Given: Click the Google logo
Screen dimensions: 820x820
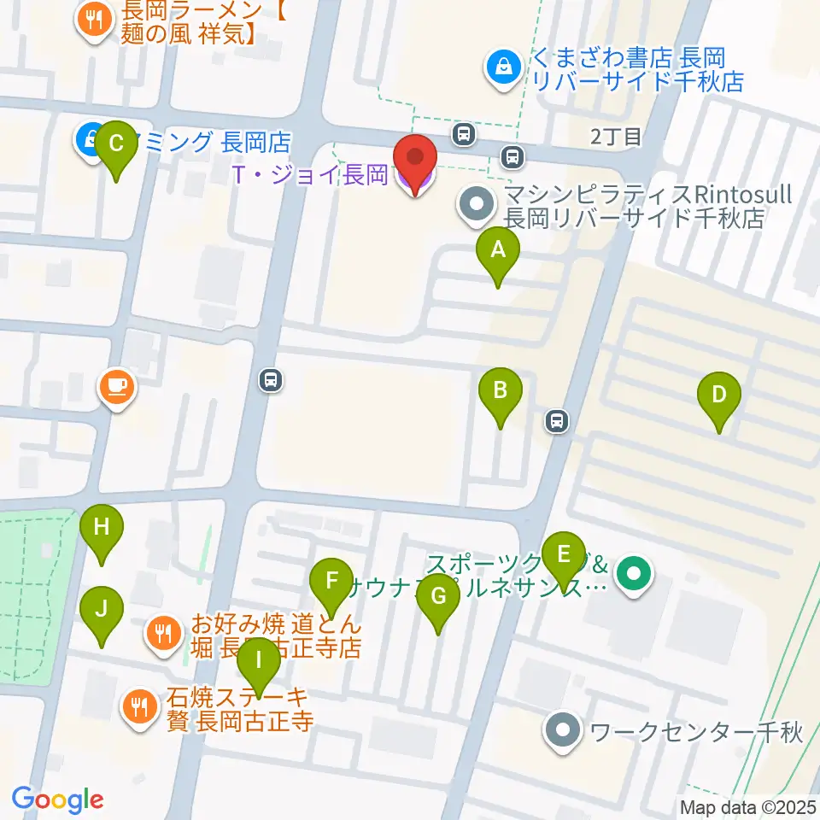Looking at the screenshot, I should click(x=57, y=799).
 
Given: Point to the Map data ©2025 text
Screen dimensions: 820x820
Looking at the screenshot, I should click(x=747, y=807).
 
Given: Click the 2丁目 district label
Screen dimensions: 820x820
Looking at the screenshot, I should click(x=615, y=136).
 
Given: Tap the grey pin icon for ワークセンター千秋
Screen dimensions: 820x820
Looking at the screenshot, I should click(x=563, y=732).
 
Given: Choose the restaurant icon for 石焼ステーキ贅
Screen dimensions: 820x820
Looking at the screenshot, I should click(x=138, y=705).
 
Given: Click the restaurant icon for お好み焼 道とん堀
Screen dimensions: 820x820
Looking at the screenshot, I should click(x=163, y=633).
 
